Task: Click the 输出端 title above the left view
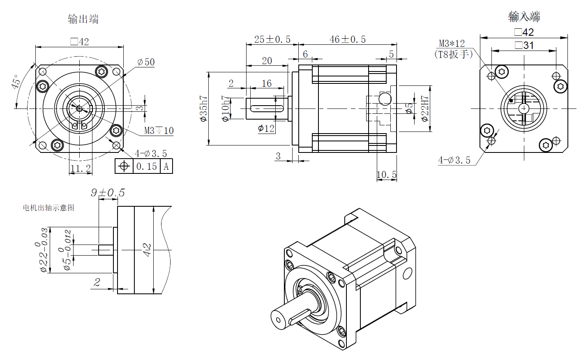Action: pyautogui.click(x=83, y=19)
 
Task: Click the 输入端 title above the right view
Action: pyautogui.click(x=524, y=16)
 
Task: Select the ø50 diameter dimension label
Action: pyautogui.click(x=146, y=62)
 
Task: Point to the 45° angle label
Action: pyautogui.click(x=16, y=82)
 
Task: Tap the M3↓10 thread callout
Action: pyautogui.click(x=159, y=131)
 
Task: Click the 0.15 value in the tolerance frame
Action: pyautogui.click(x=147, y=166)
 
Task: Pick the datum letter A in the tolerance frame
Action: pyautogui.click(x=166, y=166)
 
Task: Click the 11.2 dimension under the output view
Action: pyautogui.click(x=80, y=168)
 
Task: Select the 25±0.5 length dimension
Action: pyautogui.click(x=272, y=39)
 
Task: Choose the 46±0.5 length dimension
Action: pyautogui.click(x=347, y=39)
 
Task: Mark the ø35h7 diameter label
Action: pyautogui.click(x=203, y=108)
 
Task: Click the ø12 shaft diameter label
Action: pyautogui.click(x=266, y=129)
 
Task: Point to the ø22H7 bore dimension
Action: pyautogui.click(x=425, y=108)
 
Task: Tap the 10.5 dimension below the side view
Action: pyautogui.click(x=387, y=175)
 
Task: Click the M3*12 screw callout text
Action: pyautogui.click(x=452, y=44)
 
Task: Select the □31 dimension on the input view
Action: pyautogui.click(x=524, y=45)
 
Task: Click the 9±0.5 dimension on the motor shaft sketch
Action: pyautogui.click(x=108, y=193)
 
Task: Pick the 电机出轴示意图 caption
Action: pyautogui.click(x=48, y=208)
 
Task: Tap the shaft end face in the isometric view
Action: pyautogui.click(x=279, y=319)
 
